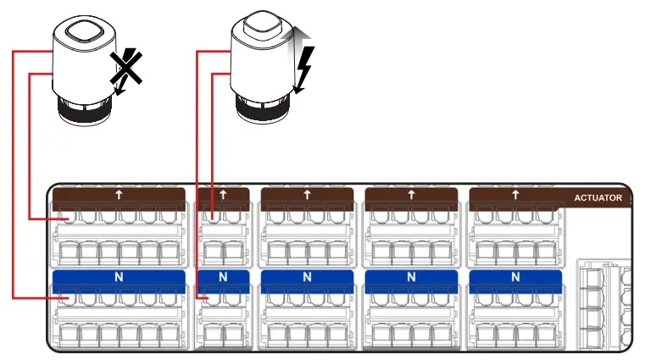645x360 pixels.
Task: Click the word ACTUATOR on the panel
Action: [x=598, y=198]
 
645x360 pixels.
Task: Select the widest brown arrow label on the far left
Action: [x=118, y=195]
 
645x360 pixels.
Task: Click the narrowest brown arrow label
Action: [x=223, y=195]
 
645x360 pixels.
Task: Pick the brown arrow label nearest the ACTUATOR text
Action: [x=515, y=195]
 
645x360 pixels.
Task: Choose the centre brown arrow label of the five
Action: [x=307, y=195]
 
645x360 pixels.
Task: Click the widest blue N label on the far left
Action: [x=118, y=277]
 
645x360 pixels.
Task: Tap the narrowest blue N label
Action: [x=223, y=277]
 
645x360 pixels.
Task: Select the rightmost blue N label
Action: [x=515, y=277]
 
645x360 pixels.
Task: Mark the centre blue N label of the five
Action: [x=307, y=277]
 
